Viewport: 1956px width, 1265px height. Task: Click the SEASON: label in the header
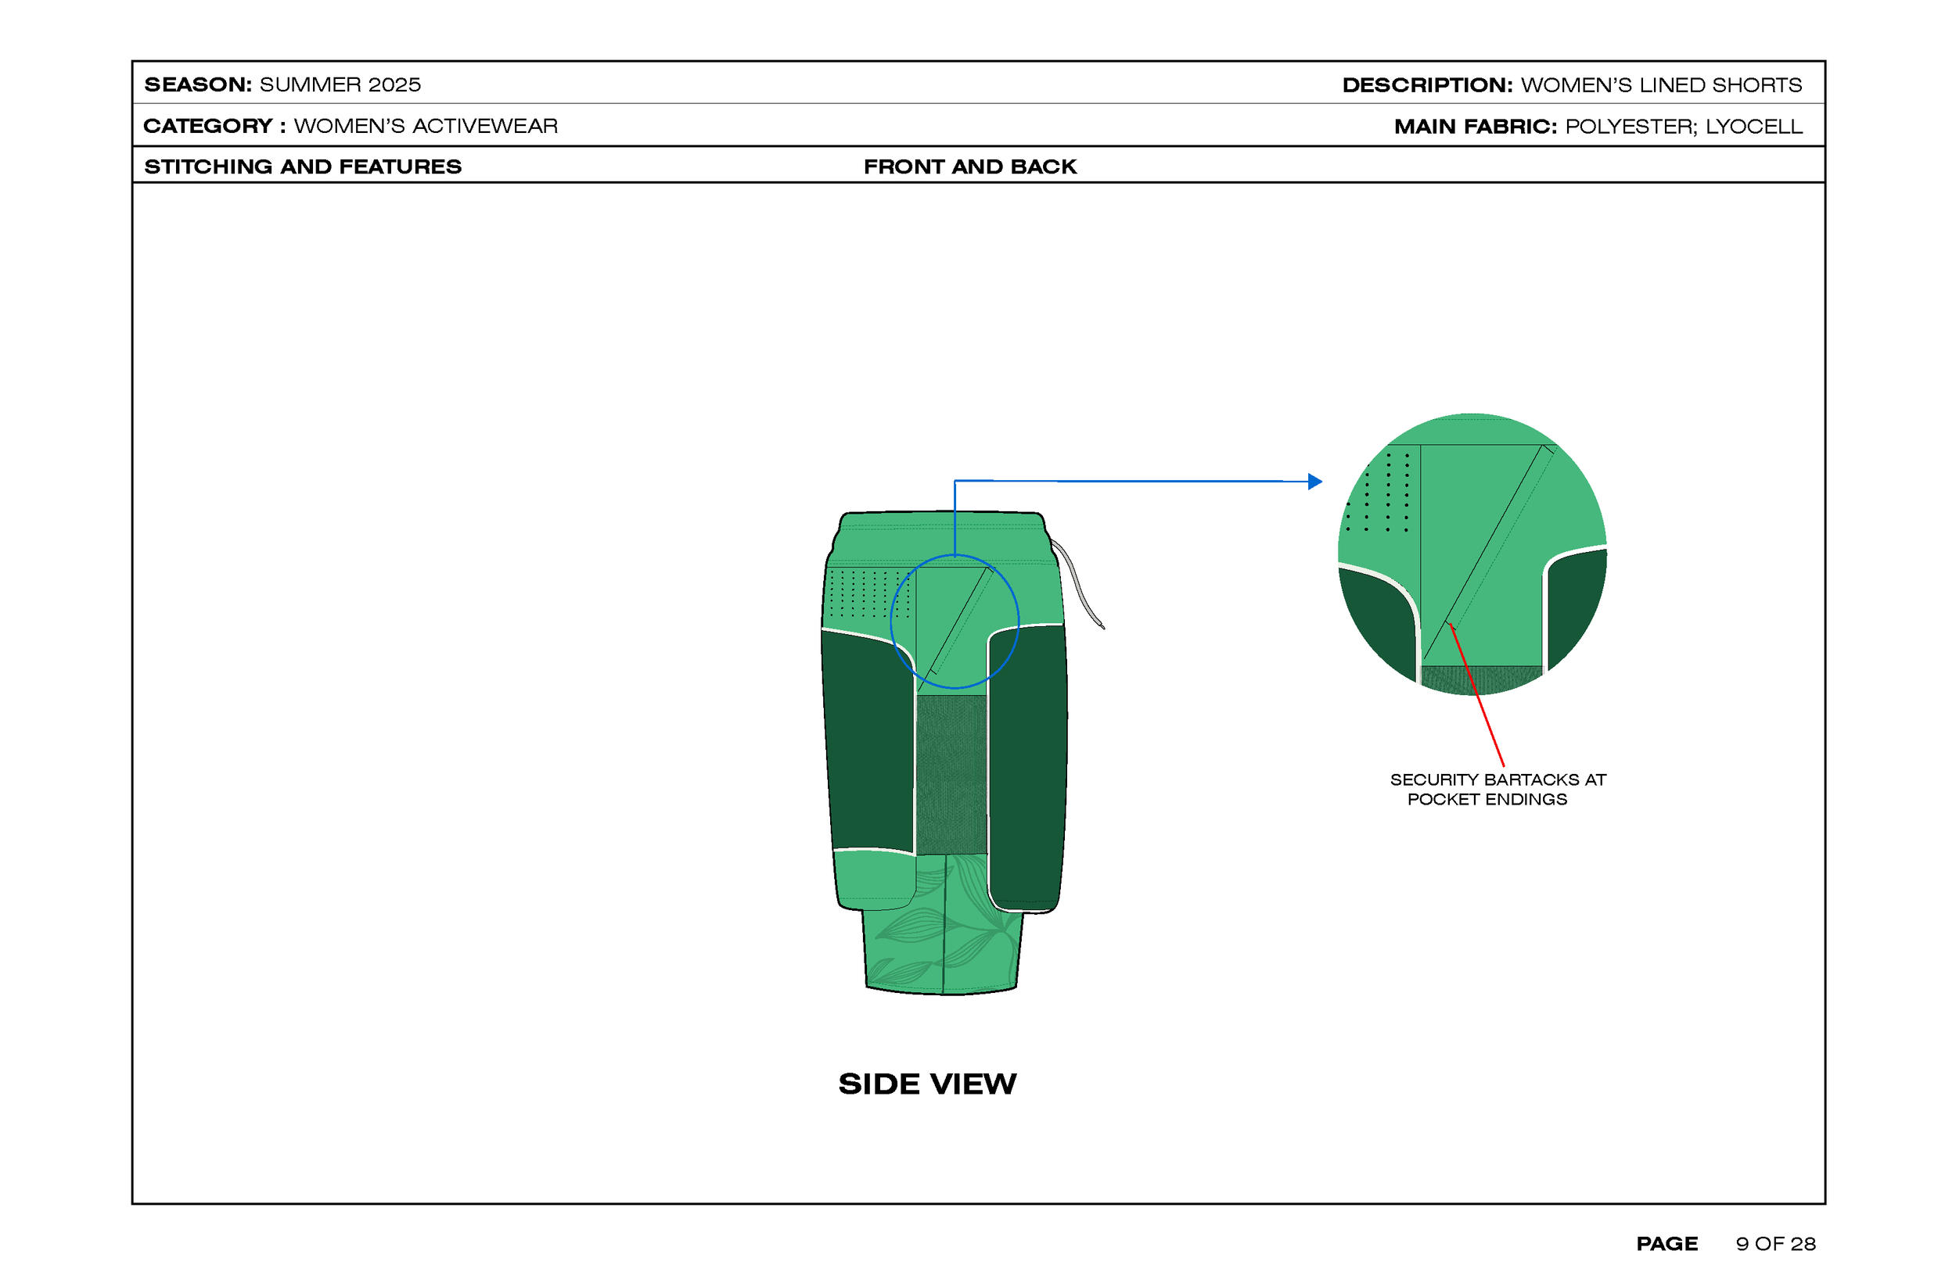point(198,84)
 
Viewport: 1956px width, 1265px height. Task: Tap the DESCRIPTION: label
point(1428,84)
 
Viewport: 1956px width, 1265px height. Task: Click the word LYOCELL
point(1754,127)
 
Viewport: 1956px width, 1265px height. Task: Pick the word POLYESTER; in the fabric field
point(1631,127)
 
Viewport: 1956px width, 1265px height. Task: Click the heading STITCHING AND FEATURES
point(304,167)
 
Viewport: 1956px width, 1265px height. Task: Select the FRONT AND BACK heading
point(969,167)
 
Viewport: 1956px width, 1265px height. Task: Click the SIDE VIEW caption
point(928,1084)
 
